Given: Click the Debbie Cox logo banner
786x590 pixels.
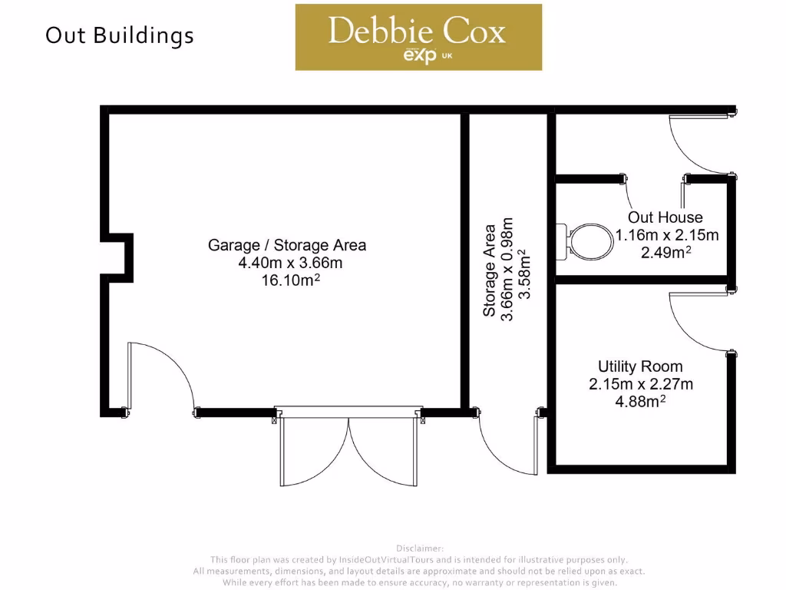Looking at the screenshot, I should pyautogui.click(x=418, y=37).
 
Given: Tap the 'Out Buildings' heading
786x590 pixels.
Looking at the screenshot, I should pyautogui.click(x=119, y=35).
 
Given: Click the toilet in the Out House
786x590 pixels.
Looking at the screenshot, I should pyautogui.click(x=588, y=240).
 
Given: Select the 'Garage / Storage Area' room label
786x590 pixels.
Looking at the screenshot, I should pyautogui.click(x=287, y=246).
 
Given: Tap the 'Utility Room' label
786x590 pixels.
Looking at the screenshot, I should pyautogui.click(x=640, y=366).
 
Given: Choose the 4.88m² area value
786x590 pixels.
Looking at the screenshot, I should pyautogui.click(x=640, y=401).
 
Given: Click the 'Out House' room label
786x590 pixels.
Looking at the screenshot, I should pyautogui.click(x=665, y=217).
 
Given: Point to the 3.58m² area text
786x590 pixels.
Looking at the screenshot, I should pyautogui.click(x=523, y=274).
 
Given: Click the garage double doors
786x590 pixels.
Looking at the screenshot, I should pyautogui.click(x=348, y=449).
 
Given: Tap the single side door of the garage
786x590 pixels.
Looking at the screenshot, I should pyautogui.click(x=161, y=376).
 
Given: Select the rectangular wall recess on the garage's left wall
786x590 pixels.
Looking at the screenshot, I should pyautogui.click(x=117, y=254).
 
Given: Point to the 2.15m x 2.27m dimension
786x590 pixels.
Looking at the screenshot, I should pyautogui.click(x=640, y=384).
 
